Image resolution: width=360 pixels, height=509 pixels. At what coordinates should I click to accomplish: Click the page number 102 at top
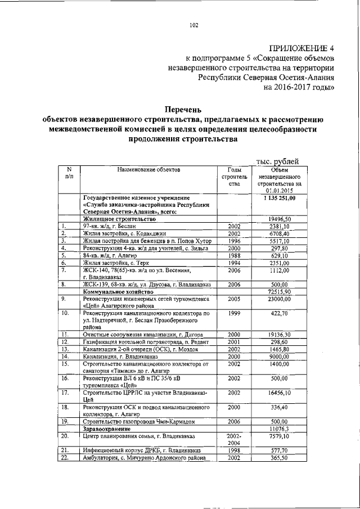[194, 24]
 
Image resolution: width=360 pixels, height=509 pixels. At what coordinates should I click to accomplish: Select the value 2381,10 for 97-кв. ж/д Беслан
[279, 227]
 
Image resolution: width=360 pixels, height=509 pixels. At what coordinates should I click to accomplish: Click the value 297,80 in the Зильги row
[279, 249]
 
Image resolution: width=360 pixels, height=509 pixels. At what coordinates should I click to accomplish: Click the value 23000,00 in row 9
[279, 300]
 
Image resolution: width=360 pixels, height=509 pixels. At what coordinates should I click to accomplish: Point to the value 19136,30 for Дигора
[279, 334]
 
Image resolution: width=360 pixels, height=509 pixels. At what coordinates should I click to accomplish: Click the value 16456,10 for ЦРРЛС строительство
[279, 393]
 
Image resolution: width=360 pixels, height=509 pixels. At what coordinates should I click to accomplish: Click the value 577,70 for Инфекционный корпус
[279, 451]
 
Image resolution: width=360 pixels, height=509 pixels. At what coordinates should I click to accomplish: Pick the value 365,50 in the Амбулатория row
[279, 458]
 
